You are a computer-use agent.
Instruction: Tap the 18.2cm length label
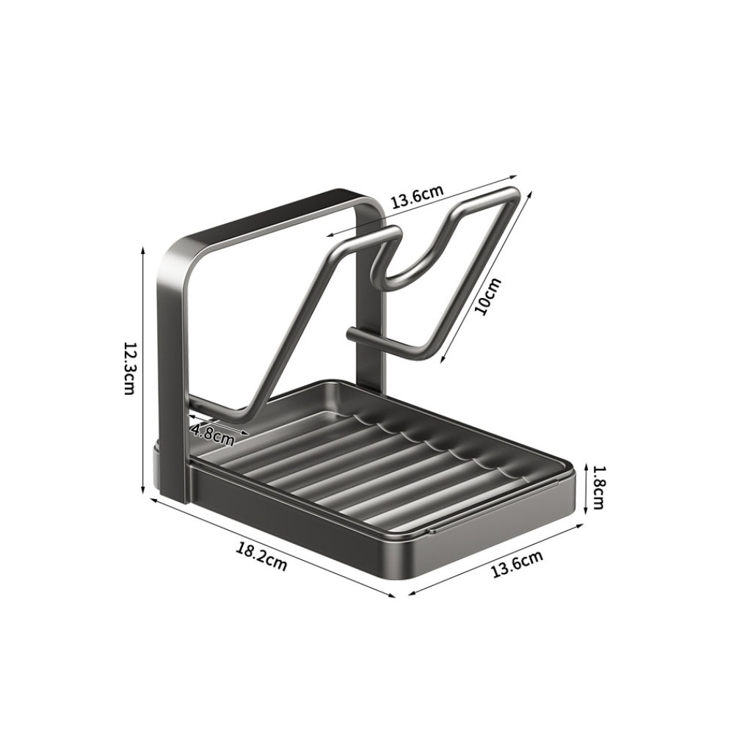pos(261,556)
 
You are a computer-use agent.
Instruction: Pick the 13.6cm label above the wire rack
pos(417,197)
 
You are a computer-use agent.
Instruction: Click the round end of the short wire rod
pos(352,335)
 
